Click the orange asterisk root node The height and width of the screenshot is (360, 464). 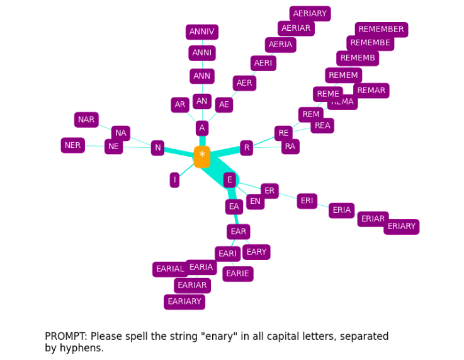(201, 156)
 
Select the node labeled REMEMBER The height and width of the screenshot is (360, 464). (381, 30)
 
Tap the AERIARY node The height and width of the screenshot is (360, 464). (310, 14)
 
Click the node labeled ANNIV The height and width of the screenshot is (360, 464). (201, 32)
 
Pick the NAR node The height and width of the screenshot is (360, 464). (86, 120)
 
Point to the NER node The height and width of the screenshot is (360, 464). (73, 145)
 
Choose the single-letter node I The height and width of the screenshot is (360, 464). (174, 180)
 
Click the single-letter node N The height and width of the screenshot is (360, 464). (157, 148)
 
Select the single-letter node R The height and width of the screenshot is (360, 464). (246, 148)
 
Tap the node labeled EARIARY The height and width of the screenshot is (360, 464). (184, 302)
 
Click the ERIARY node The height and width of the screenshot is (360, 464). (401, 227)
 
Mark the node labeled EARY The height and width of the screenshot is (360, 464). (256, 252)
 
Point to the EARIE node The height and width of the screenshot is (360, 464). (237, 274)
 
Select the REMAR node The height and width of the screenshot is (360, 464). (371, 91)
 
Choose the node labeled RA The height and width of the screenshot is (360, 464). (290, 147)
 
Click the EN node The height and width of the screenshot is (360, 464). (255, 201)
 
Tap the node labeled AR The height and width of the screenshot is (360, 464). (180, 105)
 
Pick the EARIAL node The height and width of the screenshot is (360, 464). (170, 269)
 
